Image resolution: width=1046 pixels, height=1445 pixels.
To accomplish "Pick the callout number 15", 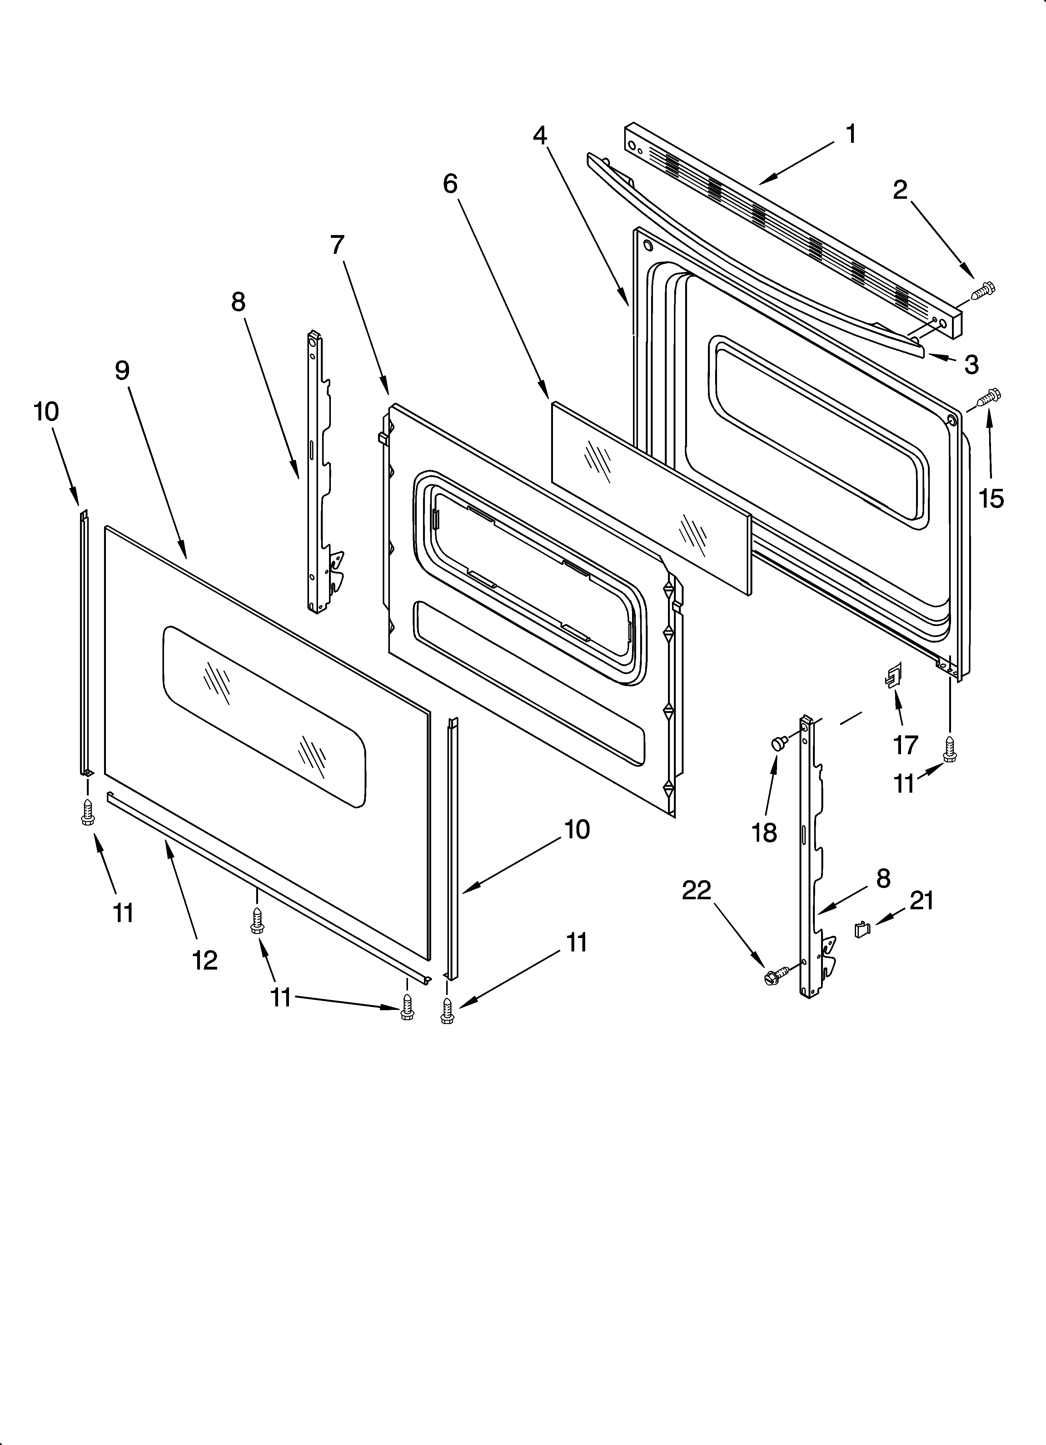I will click(x=991, y=498).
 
